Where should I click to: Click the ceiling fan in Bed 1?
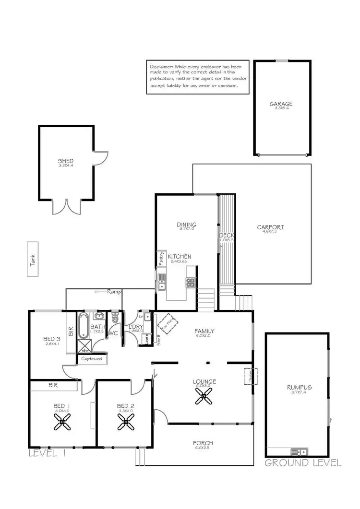pos(62,422)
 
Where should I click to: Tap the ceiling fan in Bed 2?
pos(126,422)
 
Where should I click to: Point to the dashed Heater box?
pos(251,375)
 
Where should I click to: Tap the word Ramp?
pos(114,291)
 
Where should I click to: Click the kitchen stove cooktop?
pos(191,282)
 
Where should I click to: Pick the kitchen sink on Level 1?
pos(161,282)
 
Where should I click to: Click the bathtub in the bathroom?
pos(83,325)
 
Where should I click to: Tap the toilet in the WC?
pos(115,318)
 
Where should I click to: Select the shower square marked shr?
pos(84,346)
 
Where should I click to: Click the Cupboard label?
pos(91,359)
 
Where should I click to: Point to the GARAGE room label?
pos(281,104)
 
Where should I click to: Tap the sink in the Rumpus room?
pos(299,452)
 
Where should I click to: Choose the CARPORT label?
pos(270,227)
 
